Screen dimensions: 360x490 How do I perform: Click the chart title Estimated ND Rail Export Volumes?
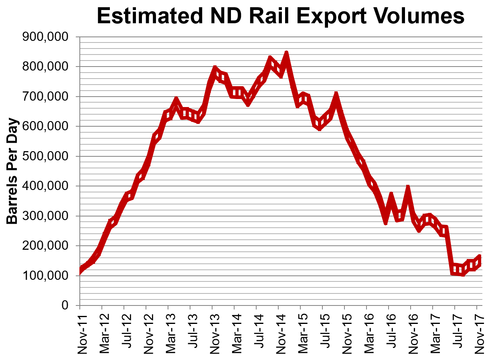pyautogui.click(x=280, y=16)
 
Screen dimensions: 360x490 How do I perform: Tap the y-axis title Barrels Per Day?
pyautogui.click(x=14, y=171)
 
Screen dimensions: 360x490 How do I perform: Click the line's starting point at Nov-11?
pyautogui.click(x=80, y=271)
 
